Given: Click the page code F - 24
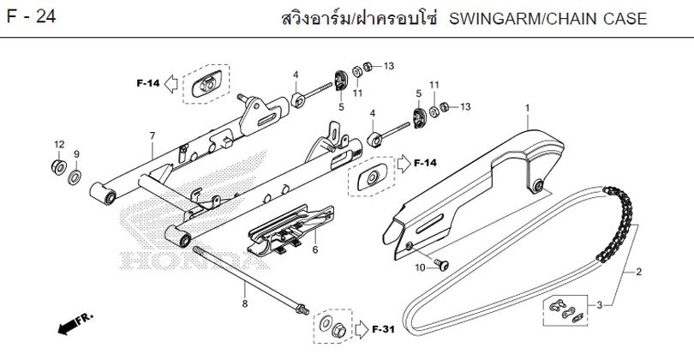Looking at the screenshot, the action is [x=31, y=17].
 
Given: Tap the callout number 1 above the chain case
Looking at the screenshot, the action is [x=528, y=108].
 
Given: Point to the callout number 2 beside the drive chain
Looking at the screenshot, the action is [x=638, y=272].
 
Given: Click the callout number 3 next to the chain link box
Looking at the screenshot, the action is [x=599, y=305].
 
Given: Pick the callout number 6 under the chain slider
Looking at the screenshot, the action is [x=315, y=250].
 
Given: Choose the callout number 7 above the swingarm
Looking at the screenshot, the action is [x=153, y=136].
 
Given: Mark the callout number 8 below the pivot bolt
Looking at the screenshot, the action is [x=245, y=303].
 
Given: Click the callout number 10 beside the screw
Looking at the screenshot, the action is [x=420, y=268].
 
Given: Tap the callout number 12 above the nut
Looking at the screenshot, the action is [x=59, y=144].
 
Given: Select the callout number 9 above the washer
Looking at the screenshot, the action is [x=76, y=154].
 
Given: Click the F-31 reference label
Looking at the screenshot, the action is [x=383, y=329].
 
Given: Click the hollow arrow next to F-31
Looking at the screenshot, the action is [x=362, y=329].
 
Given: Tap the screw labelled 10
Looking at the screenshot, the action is [x=442, y=265].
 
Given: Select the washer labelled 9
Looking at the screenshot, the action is [x=75, y=177].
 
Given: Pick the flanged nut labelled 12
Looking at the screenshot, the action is [x=58, y=167].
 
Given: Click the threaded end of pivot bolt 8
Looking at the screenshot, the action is [x=302, y=309].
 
